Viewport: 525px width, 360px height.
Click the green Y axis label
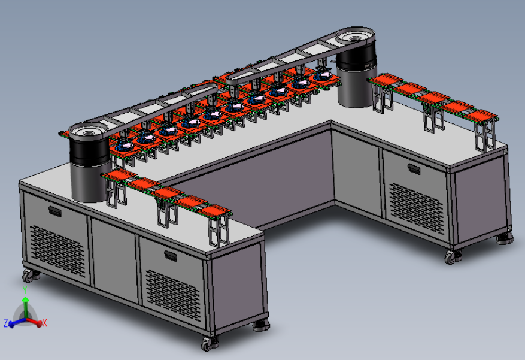pos(25,289)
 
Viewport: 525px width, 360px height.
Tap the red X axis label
pos(44,323)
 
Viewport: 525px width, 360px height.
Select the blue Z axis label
pos(6,323)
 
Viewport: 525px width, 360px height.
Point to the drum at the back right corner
pos(356,67)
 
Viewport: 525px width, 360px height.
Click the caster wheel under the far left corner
pos(30,276)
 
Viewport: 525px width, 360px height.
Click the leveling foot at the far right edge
pos(505,239)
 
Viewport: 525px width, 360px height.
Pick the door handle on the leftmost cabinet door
pos(55,211)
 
